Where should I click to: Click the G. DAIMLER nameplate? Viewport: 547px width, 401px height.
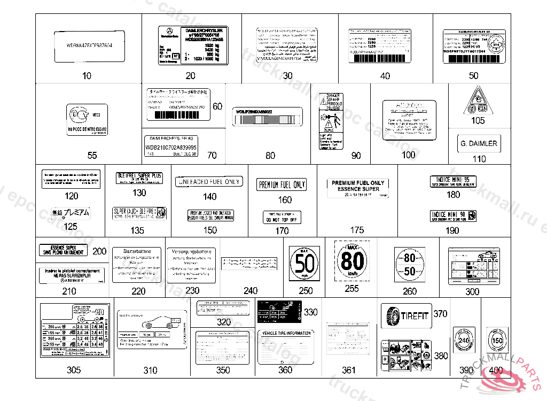pos(479,143)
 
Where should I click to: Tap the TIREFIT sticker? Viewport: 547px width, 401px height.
pos(406,316)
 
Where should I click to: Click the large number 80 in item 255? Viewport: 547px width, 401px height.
pos(353,262)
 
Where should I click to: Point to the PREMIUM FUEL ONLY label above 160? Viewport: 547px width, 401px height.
pos(282,185)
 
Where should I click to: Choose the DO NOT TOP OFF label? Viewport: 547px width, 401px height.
pos(282,217)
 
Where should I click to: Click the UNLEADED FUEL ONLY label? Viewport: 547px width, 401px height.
pos(208,182)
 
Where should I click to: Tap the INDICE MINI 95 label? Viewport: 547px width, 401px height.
pos(453,182)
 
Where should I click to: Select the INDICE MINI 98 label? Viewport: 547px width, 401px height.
pos(453,215)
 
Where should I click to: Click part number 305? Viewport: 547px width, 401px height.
pos(74,370)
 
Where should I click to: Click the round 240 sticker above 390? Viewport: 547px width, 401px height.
pos(464,340)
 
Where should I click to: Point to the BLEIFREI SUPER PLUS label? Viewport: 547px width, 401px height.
pos(139,178)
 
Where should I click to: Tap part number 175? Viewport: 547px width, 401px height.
pos(357,230)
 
